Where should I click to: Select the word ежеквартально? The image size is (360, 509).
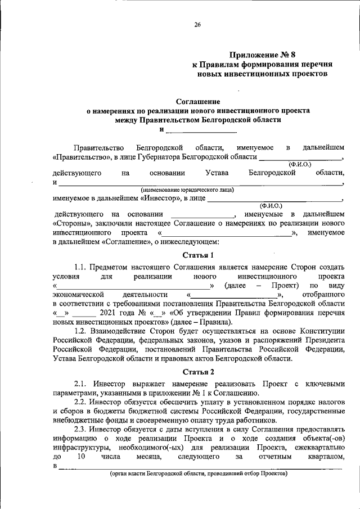pyautogui.click(x=319, y=447)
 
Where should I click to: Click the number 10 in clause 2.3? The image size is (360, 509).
pyautogui.click(x=81, y=457)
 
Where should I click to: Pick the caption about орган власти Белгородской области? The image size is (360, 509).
pyautogui.click(x=199, y=474)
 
